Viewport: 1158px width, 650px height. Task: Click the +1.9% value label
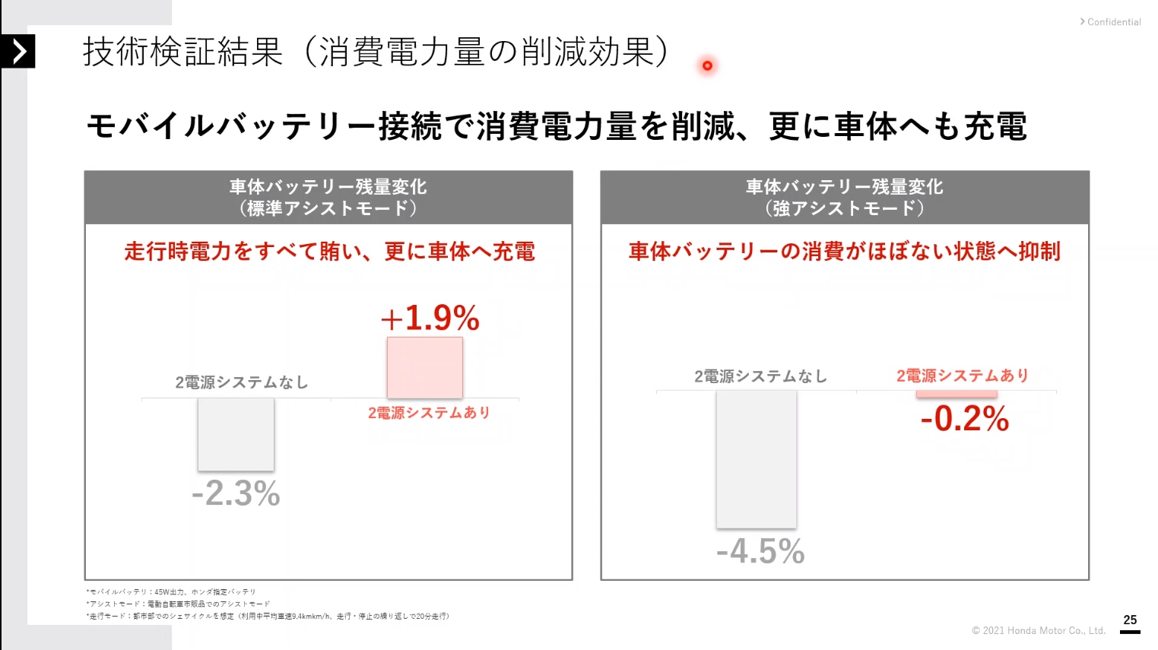430,318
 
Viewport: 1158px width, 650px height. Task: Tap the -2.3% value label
236,493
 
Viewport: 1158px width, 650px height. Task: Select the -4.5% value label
760,551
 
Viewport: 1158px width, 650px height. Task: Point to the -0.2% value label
965,419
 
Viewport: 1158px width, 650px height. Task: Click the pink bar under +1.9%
425,368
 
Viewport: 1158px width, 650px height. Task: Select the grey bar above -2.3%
236,434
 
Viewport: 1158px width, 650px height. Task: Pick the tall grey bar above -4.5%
757,459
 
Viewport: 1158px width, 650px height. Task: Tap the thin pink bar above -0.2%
957,394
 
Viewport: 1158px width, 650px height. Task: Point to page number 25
1130,620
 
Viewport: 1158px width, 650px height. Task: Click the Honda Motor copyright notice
1038,630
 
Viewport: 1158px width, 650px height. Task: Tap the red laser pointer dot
707,65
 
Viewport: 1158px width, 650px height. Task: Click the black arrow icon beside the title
18,52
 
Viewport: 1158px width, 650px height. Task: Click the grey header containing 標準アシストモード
328,198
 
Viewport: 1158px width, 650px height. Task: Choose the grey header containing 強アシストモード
845,198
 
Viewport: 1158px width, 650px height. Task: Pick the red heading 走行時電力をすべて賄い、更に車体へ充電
329,252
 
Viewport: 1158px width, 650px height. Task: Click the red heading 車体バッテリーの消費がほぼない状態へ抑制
844,252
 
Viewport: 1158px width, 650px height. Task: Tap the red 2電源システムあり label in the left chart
429,413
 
